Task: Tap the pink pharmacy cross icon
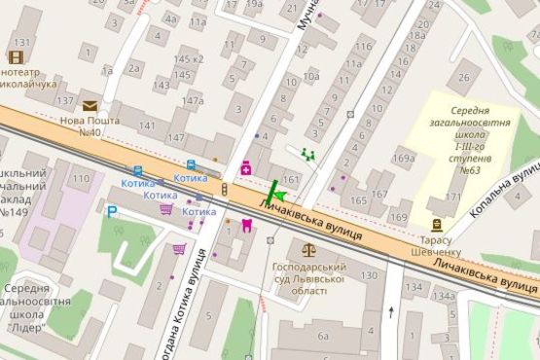click(246, 169)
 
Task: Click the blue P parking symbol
click(112, 211)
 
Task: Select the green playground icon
click(308, 153)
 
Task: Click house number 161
click(290, 180)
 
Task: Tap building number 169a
click(404, 158)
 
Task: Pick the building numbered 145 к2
click(188, 59)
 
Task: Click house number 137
click(66, 100)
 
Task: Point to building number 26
click(464, 78)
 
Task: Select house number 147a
click(192, 100)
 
